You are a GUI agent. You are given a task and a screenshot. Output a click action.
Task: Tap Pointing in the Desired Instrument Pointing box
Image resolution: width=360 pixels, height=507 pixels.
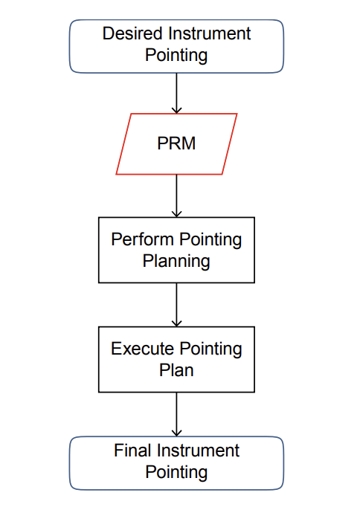point(176,55)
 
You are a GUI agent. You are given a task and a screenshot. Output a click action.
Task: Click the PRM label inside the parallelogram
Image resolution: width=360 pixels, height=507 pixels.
point(176,143)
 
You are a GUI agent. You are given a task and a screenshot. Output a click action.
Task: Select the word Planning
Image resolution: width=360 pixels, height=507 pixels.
point(176,261)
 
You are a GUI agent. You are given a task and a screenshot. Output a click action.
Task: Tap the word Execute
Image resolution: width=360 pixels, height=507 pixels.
point(141,349)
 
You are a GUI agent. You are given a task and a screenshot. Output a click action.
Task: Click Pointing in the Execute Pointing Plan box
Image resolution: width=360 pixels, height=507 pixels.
point(208,349)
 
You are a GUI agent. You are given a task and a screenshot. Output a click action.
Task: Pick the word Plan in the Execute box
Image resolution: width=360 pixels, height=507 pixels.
point(176,369)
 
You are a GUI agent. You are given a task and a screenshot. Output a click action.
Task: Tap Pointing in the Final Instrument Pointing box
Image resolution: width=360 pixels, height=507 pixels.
point(176,471)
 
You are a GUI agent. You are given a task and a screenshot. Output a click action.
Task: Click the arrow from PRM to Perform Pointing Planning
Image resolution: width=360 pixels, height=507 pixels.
point(176,195)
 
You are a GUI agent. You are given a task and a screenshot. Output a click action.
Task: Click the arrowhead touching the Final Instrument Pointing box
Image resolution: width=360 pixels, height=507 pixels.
point(176,432)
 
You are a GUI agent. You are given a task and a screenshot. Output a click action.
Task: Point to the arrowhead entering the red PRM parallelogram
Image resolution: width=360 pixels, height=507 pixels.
point(176,109)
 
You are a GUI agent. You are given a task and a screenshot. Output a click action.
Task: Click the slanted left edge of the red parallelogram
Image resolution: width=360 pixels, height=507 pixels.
point(123,143)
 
